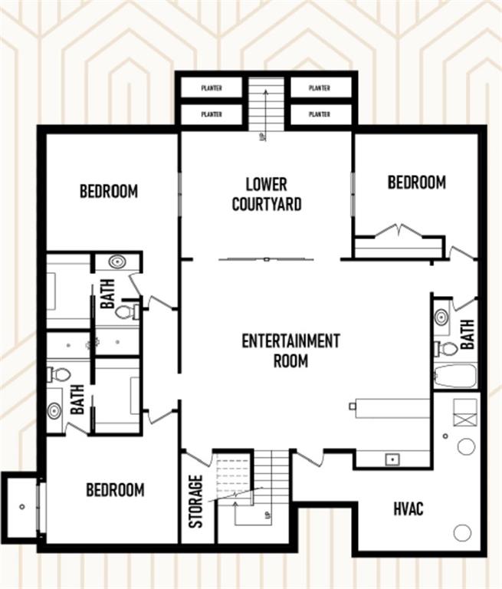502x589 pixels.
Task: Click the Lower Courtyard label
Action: (267, 194)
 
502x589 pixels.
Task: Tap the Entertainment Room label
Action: (290, 350)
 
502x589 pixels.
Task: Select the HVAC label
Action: (408, 509)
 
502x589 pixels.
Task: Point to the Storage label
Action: (195, 502)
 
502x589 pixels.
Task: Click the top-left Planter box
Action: (212, 88)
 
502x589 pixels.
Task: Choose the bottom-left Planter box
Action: (212, 114)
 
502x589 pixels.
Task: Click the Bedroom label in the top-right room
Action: (417, 183)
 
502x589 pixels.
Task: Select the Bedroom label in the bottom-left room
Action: (115, 490)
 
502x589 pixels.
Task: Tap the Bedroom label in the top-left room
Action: (109, 191)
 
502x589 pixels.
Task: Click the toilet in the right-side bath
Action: (446, 347)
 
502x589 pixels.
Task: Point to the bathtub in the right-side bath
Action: (455, 376)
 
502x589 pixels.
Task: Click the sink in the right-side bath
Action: (442, 318)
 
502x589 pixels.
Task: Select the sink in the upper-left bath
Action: (117, 261)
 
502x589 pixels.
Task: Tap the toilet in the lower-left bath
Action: (59, 374)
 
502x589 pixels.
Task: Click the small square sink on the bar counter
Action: (392, 459)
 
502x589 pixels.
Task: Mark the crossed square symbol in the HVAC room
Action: (465, 420)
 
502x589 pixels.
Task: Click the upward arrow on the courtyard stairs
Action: (266, 110)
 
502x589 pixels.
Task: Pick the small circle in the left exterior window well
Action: (22, 507)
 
